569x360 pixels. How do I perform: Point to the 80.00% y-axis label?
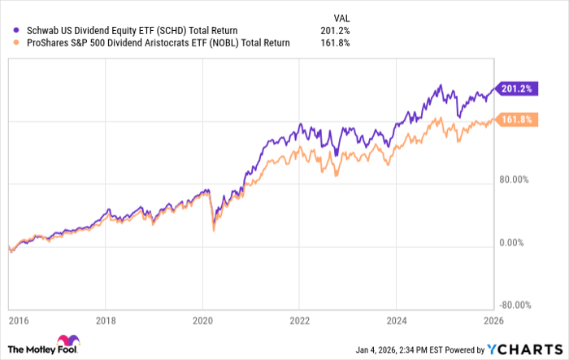click(x=514, y=180)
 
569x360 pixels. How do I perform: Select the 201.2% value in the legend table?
click(x=336, y=31)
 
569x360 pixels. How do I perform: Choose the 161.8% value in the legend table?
click(x=336, y=43)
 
